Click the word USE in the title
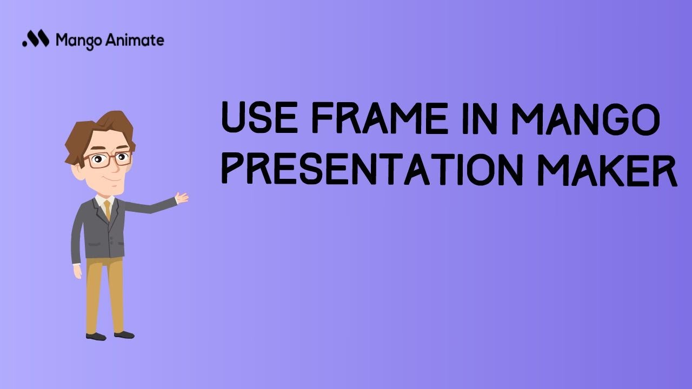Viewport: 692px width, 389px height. [x=258, y=119]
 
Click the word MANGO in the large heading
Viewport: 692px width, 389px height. [x=586, y=119]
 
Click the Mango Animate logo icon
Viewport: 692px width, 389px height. [x=36, y=39]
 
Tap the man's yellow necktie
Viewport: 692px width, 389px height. [x=108, y=209]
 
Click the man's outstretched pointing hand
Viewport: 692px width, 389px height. [x=182, y=198]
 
